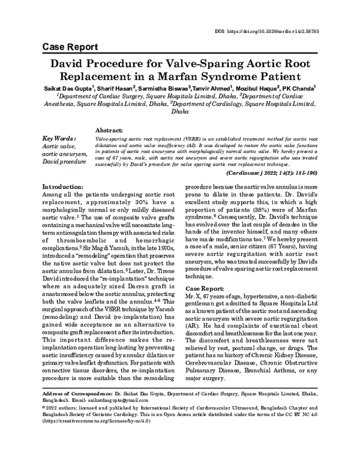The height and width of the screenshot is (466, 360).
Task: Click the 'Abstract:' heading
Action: tap(109, 130)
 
